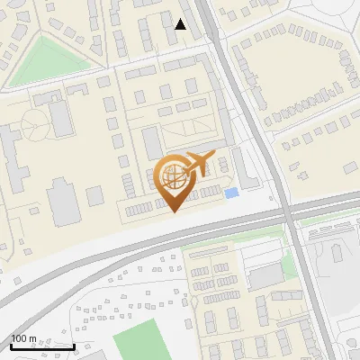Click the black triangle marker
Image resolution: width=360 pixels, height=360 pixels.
tap(181, 24)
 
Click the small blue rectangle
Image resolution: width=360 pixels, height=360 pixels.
tap(231, 193)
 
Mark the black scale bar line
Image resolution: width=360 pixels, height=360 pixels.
tap(41, 346)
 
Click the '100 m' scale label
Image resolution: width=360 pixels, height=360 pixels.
tap(24, 339)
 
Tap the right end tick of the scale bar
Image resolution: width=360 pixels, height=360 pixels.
tap(73, 345)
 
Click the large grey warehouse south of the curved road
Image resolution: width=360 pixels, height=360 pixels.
tap(265, 277)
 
